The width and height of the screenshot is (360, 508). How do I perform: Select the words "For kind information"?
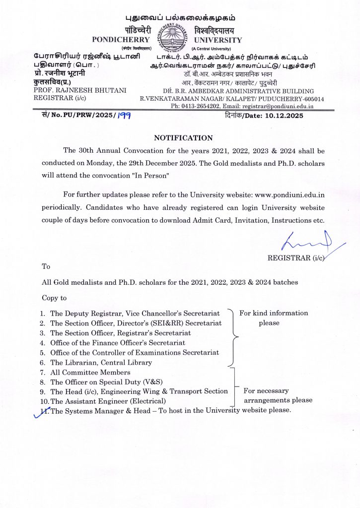(274, 313)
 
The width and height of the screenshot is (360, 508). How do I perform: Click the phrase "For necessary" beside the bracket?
(266, 391)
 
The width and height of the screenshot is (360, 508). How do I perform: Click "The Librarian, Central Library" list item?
(101, 363)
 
